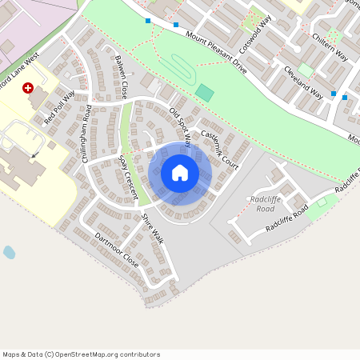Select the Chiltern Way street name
click(x=330, y=49)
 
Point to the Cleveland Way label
click(x=303, y=82)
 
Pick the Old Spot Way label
click(x=180, y=126)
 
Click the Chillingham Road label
click(x=87, y=134)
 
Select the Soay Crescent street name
click(x=128, y=174)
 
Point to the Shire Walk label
click(x=152, y=228)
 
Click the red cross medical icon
click(x=29, y=88)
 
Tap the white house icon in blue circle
click(x=180, y=172)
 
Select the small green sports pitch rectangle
click(x=205, y=92)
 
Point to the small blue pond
click(x=9, y=253)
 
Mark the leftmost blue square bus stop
click(x=148, y=21)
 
